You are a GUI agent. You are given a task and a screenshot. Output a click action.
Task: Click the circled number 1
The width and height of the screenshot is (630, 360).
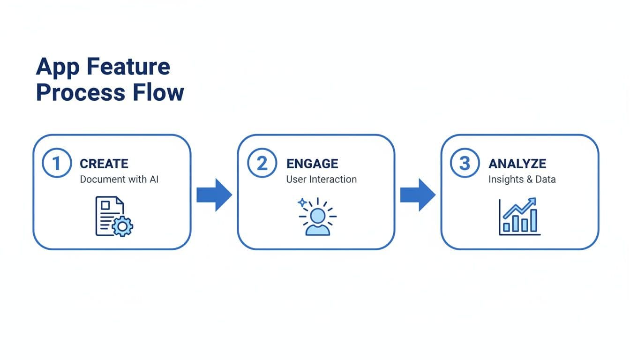[x=57, y=164]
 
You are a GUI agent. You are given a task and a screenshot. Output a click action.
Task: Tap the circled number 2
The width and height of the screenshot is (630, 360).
[x=262, y=164]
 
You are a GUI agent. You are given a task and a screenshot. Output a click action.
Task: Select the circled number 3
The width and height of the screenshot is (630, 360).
[x=465, y=164]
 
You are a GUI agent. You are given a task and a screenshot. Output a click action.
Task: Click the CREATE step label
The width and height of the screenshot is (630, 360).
[x=104, y=164]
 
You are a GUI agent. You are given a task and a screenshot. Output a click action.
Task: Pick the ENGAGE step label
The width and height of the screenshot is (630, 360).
[x=312, y=164]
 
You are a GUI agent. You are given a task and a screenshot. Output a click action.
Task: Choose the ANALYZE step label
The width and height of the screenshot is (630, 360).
[x=517, y=164]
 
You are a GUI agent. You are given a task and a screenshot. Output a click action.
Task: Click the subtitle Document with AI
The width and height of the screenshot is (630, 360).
[x=119, y=179]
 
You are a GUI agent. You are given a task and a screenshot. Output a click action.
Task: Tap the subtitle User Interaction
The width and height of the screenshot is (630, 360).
[x=321, y=179]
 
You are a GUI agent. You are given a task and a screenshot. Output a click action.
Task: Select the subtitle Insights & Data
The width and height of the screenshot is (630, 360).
[x=522, y=179]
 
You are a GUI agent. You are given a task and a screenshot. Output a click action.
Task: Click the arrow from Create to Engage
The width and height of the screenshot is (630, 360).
[x=214, y=195]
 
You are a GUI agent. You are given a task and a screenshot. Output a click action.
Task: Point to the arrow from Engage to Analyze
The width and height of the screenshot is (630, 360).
[x=418, y=195]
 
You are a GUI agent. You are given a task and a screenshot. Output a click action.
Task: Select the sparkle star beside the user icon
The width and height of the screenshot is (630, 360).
[x=302, y=203]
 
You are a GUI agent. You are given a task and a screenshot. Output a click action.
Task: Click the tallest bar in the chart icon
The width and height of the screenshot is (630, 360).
[x=533, y=220]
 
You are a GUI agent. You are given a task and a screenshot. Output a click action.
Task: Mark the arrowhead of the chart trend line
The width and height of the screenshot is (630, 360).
[x=533, y=201]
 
